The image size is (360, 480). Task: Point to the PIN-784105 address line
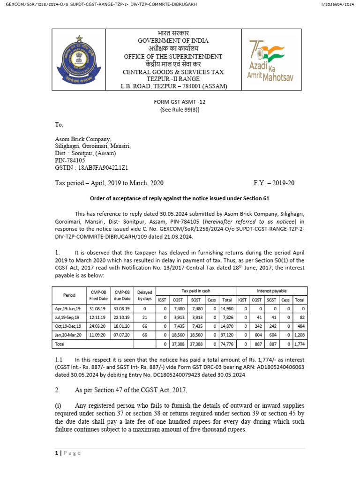pyautogui.click(x=74, y=160)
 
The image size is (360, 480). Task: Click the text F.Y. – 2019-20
pyautogui.click(x=274, y=183)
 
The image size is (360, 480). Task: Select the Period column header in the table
pyautogui.click(x=68, y=295)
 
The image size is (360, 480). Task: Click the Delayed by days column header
pyautogui.click(x=145, y=295)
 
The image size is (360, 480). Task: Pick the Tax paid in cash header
pyautogui.click(x=196, y=291)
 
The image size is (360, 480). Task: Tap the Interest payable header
pyautogui.click(x=272, y=291)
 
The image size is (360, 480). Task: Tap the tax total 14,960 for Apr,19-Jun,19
pyautogui.click(x=227, y=308)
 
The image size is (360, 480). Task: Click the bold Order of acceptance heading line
pyautogui.click(x=180, y=198)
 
